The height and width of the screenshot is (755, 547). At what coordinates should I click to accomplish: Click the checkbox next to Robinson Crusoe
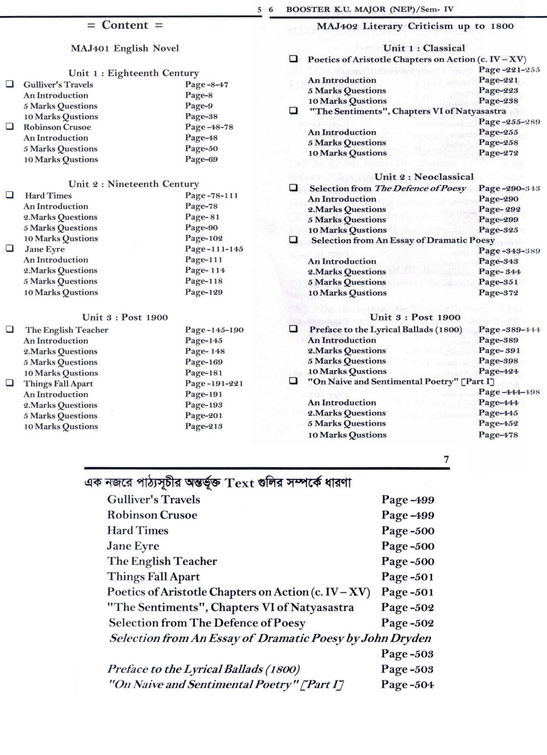[10, 126]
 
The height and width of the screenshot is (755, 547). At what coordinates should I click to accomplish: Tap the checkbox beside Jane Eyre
[10, 248]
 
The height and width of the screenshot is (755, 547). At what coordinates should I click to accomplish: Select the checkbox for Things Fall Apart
[10, 383]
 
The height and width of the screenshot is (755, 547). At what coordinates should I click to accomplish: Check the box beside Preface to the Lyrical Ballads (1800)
[293, 329]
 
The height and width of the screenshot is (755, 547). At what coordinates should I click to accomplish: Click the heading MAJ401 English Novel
[125, 48]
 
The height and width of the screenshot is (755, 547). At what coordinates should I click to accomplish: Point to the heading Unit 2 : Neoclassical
[424, 177]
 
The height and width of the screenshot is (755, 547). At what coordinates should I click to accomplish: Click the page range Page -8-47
[206, 85]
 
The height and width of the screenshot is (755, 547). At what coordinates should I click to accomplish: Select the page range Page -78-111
[211, 196]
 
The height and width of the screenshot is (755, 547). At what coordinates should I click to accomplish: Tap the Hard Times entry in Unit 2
[48, 196]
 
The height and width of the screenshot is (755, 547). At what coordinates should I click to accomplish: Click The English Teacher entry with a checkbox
[67, 330]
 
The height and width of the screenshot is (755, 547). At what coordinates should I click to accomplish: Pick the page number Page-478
[498, 435]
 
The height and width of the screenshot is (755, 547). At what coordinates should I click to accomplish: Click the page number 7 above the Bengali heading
[446, 460]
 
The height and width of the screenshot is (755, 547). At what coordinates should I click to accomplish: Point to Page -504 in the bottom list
[407, 685]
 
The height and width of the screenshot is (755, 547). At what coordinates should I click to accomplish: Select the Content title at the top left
[125, 25]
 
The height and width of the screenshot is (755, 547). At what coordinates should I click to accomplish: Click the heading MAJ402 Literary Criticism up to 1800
[415, 26]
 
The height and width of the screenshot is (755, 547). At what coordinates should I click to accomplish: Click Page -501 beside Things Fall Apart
[407, 577]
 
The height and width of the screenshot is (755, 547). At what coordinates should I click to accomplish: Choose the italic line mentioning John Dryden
[270, 639]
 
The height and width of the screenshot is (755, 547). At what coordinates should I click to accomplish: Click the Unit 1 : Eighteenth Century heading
[133, 73]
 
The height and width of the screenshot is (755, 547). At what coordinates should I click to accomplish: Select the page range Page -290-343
[509, 189]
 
